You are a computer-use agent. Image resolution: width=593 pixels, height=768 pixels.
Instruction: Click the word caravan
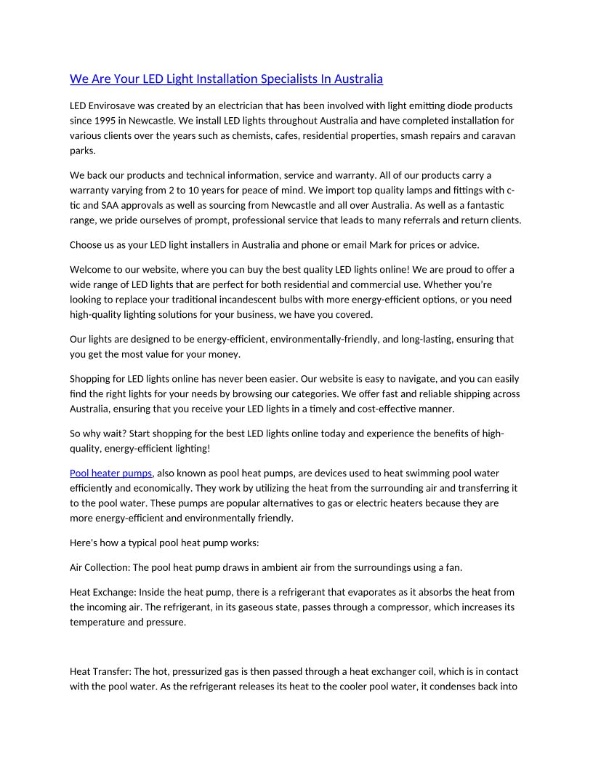498,135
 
